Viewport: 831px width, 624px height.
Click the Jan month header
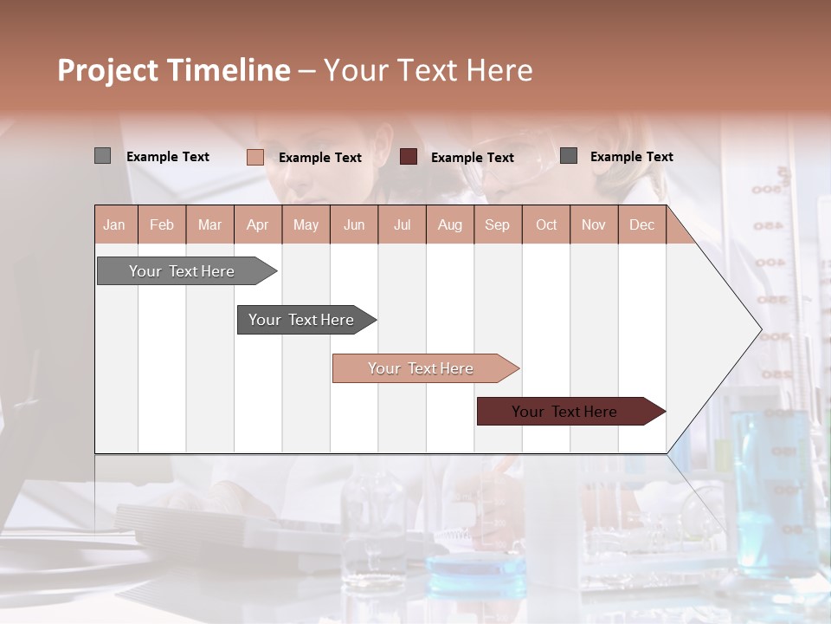[x=115, y=224]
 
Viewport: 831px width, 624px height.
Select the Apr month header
[x=258, y=224]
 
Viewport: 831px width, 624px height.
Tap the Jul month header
[x=402, y=224]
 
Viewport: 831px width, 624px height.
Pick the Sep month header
[x=497, y=224]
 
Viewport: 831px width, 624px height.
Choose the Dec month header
[x=641, y=224]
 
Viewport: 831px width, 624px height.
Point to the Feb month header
[x=162, y=224]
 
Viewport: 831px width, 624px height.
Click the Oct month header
[x=546, y=224]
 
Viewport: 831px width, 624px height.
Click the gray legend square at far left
[x=103, y=156]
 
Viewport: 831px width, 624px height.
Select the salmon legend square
[x=255, y=157]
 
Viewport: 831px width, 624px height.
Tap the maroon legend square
[x=409, y=157]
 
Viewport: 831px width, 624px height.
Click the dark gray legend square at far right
[x=569, y=156]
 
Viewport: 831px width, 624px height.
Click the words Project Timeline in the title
[x=174, y=70]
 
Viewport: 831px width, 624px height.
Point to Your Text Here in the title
[x=428, y=70]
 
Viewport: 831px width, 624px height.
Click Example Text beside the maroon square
[x=473, y=158]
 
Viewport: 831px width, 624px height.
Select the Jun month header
[x=354, y=224]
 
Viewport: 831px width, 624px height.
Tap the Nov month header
[x=594, y=224]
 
